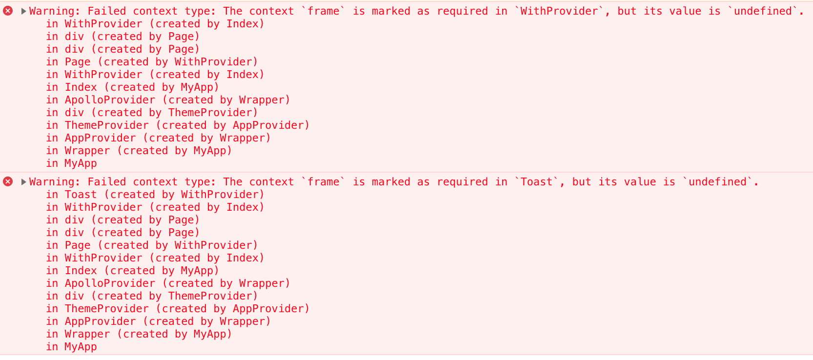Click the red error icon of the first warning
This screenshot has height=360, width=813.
8,11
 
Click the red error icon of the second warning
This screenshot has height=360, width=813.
8,181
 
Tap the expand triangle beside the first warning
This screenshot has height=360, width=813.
23,11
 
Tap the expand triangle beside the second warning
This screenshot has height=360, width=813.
23,181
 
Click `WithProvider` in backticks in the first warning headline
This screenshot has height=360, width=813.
559,11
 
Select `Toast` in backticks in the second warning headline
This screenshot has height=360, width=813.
536,181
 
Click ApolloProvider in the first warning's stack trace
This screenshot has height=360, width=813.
110,100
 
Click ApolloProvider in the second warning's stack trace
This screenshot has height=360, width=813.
110,283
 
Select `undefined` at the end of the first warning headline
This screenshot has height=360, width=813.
763,11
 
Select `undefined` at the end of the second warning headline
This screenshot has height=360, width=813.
717,181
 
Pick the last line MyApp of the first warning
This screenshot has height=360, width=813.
81,163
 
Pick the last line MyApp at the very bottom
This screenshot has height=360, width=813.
81,347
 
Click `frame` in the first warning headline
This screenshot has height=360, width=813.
323,11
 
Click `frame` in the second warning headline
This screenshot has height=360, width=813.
323,181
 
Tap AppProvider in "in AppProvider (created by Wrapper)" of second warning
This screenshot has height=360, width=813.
100,321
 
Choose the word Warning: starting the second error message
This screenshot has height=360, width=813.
54,181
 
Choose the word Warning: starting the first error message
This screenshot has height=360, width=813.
54,11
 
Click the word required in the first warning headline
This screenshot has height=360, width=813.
462,11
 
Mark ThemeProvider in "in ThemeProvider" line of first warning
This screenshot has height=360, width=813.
106,125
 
